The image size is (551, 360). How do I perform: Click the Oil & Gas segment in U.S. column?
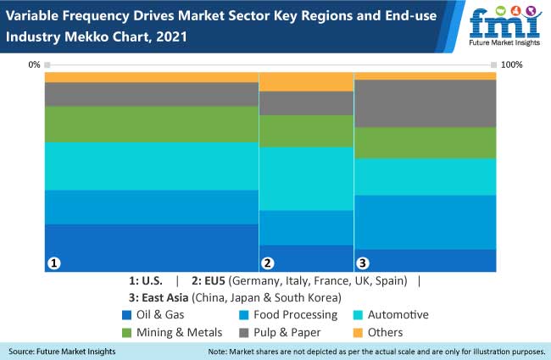point(151,247)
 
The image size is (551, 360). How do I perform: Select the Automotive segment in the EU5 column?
point(306,179)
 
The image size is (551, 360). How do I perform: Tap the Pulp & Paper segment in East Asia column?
point(425,103)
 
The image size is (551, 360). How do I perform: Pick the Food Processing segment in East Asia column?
point(425,222)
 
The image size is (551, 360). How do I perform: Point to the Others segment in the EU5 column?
point(306,81)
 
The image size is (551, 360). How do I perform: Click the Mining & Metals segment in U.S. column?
point(151,125)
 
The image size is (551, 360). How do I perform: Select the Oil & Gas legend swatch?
point(127,315)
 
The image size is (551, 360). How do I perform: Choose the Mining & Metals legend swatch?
point(127,332)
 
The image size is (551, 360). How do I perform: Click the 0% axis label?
point(34,64)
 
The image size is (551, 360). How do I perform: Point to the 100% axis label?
point(512,64)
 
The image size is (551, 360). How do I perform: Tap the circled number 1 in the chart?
point(53,263)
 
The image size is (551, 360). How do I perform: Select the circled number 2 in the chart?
point(268,263)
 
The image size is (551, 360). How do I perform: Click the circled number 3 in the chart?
point(363,263)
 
